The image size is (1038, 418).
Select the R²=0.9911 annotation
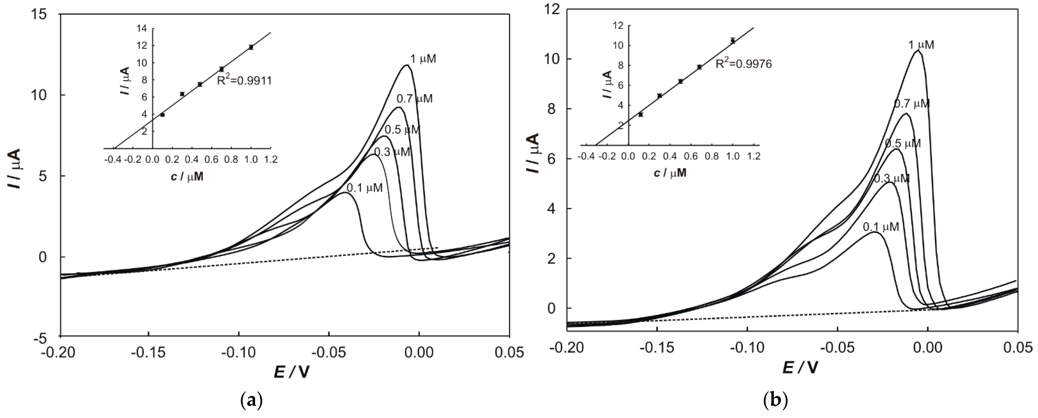click(244, 81)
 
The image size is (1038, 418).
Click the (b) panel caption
click(776, 400)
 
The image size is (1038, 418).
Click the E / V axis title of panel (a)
click(292, 372)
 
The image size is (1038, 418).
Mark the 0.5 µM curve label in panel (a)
click(402, 130)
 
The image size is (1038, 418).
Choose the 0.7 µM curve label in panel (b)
click(912, 104)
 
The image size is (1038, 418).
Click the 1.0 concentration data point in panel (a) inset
click(251, 47)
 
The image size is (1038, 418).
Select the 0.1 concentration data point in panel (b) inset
click(641, 114)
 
